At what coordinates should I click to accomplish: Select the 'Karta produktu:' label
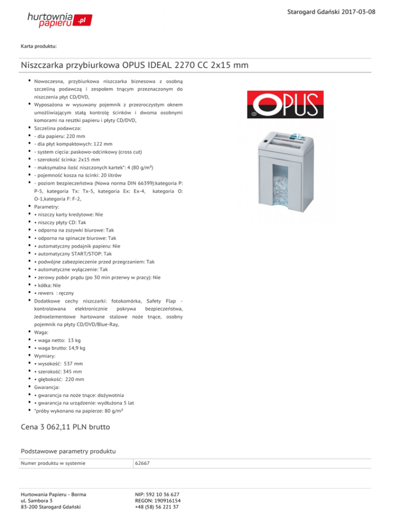click(x=39, y=47)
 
